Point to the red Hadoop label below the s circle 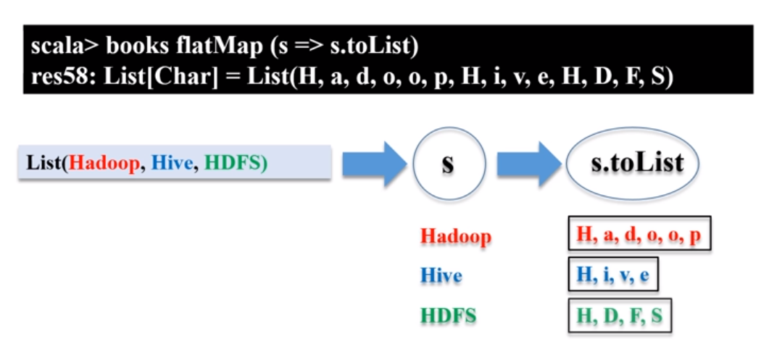pos(455,236)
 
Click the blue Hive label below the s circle pos(441,276)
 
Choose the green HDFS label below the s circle pos(449,316)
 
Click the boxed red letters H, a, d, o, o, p pos(639,234)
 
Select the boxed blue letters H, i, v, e pos(612,275)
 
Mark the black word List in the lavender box pos(43,164)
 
